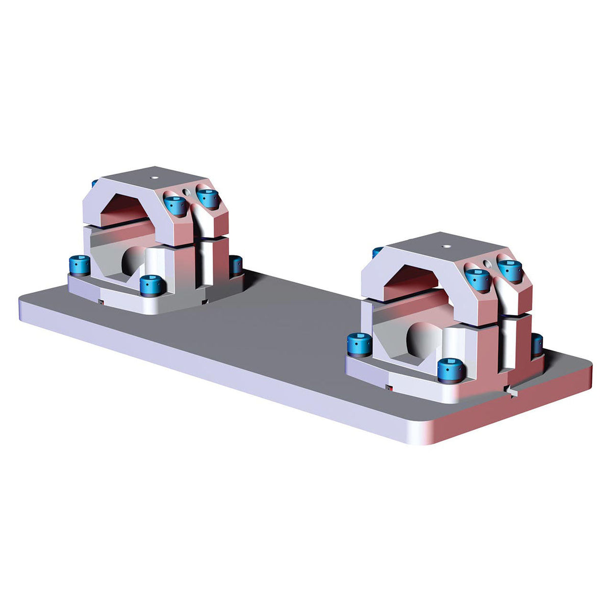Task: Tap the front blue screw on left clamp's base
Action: point(151,285)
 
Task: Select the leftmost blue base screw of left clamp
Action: point(79,265)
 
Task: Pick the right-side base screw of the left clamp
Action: point(236,265)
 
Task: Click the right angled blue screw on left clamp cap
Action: point(208,197)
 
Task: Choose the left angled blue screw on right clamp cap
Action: point(477,278)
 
